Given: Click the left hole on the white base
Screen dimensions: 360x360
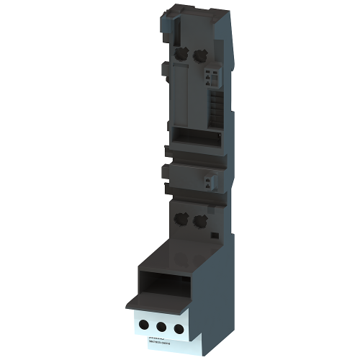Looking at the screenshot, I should pos(139,324).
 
